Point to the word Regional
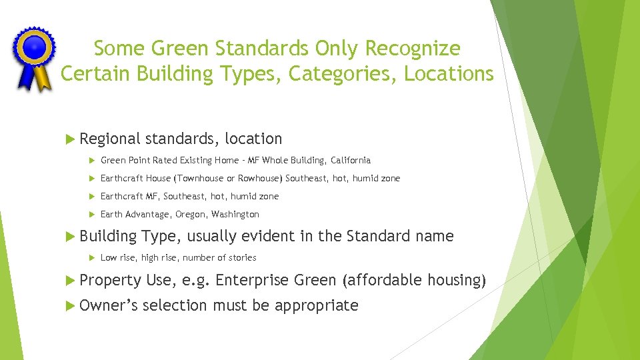[x=110, y=139]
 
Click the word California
[x=348, y=161]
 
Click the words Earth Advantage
[x=133, y=215]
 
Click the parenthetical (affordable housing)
[x=413, y=280]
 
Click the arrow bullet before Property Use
[x=71, y=280]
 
